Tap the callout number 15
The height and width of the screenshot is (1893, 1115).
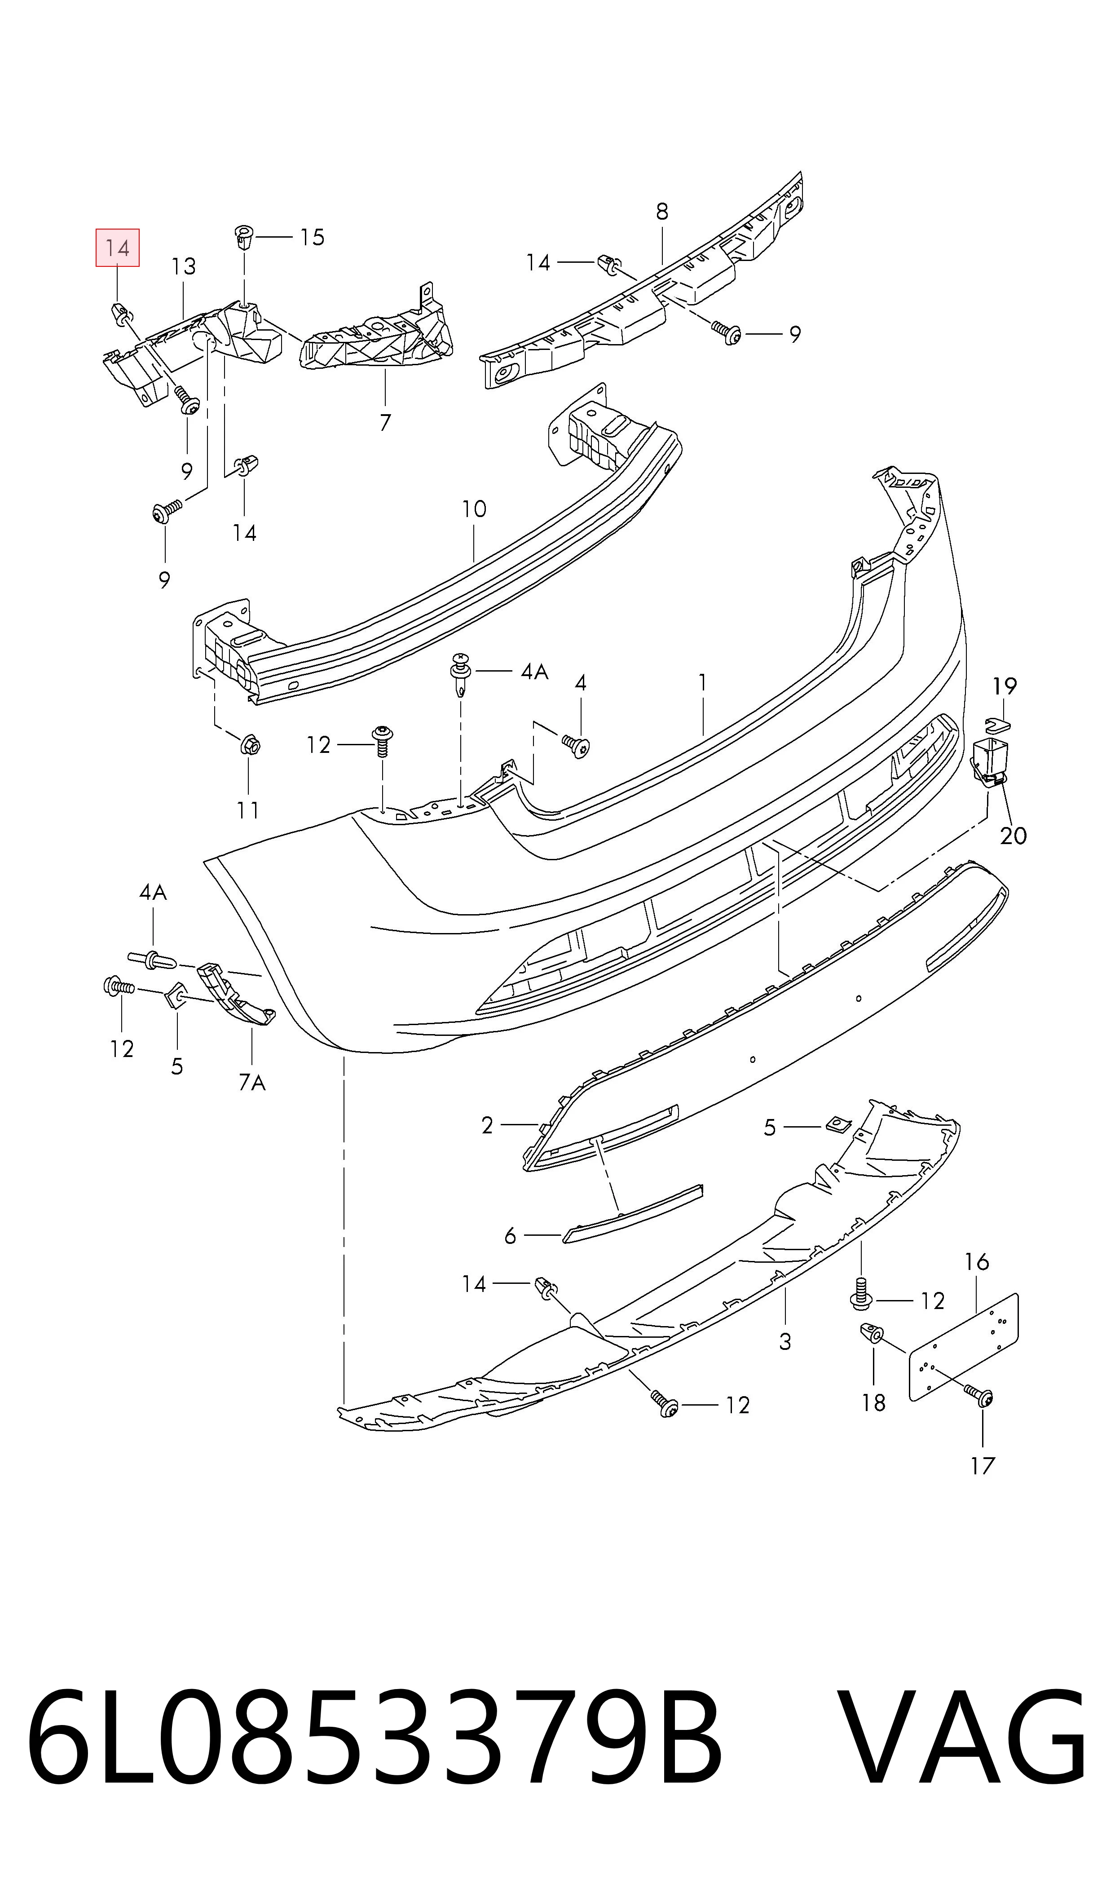pyautogui.click(x=312, y=238)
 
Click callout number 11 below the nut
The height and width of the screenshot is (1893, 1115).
pyautogui.click(x=248, y=810)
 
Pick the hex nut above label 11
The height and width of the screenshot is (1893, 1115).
pyautogui.click(x=249, y=746)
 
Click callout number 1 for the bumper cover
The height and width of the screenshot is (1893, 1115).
pyautogui.click(x=702, y=682)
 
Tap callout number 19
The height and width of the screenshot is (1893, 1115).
pyautogui.click(x=1005, y=686)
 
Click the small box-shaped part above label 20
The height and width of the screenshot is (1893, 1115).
pyautogui.click(x=990, y=761)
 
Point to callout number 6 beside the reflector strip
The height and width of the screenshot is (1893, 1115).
pyautogui.click(x=510, y=1235)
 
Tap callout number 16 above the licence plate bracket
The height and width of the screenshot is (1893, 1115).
pyautogui.click(x=977, y=1262)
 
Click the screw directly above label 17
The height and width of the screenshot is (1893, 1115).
pyautogui.click(x=981, y=1396)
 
